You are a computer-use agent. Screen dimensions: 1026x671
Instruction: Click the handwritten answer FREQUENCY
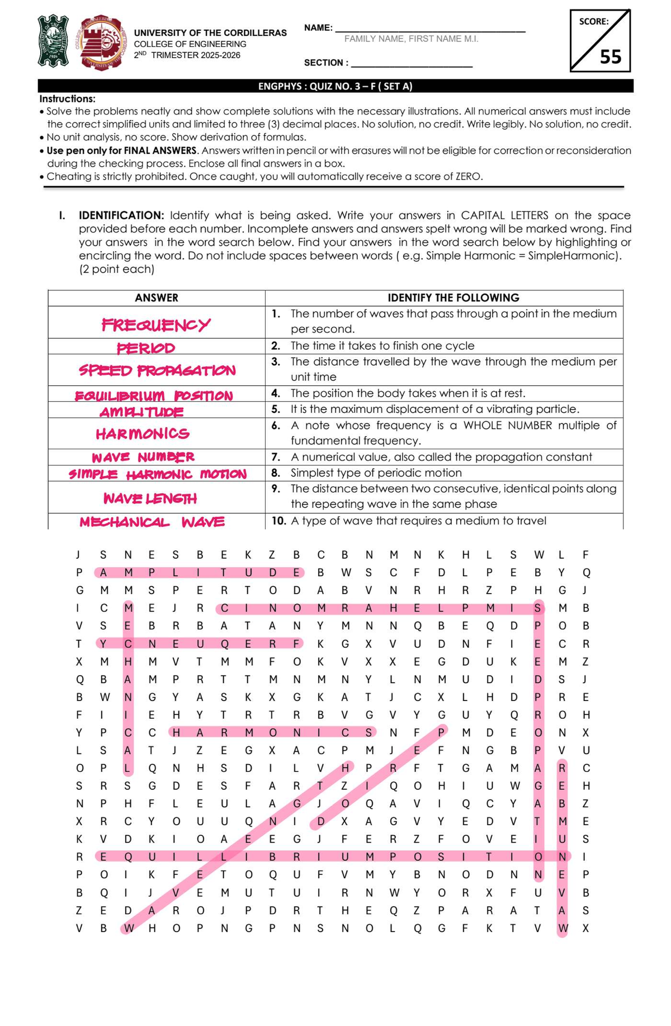coord(155,324)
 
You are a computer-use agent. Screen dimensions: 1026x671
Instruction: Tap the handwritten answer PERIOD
coord(146,348)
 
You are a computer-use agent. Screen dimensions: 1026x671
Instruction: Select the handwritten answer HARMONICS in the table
coord(143,434)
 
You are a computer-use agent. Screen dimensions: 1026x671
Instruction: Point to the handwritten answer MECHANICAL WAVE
coord(152,522)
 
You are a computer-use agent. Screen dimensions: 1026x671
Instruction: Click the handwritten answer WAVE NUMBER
coord(143,457)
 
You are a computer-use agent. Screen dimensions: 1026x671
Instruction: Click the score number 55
coord(610,57)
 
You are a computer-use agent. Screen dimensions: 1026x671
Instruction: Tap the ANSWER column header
coord(157,298)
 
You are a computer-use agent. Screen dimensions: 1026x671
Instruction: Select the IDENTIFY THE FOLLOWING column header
coord(453,298)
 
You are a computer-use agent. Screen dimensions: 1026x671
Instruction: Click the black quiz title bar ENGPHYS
coord(335,86)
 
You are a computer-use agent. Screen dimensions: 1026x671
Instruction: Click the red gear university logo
coord(102,42)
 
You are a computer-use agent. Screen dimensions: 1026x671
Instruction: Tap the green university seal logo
coord(53,41)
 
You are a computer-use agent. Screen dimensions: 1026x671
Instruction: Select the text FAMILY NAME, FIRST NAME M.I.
coord(411,39)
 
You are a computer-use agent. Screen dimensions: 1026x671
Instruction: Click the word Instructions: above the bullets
coord(67,98)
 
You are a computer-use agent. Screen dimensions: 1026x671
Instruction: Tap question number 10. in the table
coord(278,521)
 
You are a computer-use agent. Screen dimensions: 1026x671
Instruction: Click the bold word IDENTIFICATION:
coord(121,215)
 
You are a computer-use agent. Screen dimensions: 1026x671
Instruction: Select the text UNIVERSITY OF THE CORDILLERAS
coord(210,33)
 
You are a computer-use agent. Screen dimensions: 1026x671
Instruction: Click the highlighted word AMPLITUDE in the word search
coord(200,572)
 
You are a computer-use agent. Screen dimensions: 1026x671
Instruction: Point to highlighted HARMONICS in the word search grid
coord(272,732)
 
